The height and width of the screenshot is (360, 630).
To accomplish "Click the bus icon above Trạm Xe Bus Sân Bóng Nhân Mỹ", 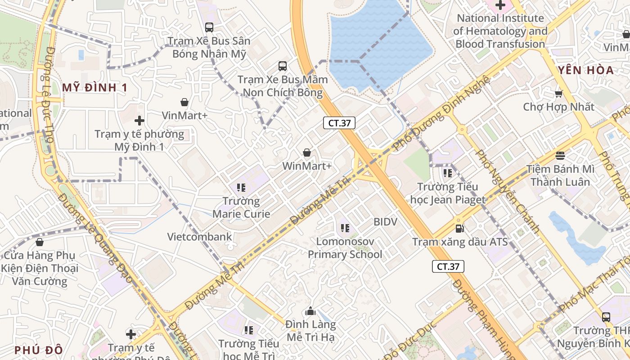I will click(x=209, y=27).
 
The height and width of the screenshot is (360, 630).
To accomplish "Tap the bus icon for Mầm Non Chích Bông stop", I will click(x=283, y=66).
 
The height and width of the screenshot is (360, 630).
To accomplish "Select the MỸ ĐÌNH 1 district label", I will click(x=95, y=87).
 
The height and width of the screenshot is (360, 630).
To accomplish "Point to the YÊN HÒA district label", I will click(x=585, y=70).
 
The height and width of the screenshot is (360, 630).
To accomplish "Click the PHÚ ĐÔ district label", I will click(x=38, y=350).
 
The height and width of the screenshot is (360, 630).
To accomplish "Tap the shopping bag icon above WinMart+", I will click(x=307, y=153).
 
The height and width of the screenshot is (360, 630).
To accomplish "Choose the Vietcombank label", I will click(x=200, y=237).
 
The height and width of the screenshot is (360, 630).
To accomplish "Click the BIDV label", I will click(x=386, y=222).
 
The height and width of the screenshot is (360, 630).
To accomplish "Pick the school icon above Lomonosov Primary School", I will click(x=345, y=228).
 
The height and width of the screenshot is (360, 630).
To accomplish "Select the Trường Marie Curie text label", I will click(x=241, y=207).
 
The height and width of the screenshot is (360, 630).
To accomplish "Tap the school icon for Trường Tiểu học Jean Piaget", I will click(x=447, y=172).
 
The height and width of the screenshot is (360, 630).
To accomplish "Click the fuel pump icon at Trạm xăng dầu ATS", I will click(x=459, y=229).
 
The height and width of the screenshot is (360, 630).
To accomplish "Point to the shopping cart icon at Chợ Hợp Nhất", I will click(x=559, y=94).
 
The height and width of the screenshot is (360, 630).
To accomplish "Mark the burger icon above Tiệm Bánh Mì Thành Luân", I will click(x=560, y=156).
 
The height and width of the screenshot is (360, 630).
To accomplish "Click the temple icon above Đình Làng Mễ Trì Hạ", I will click(x=310, y=311).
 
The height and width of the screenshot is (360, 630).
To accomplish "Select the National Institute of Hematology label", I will click(x=500, y=31).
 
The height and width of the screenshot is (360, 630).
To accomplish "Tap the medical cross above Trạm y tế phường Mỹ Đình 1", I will click(x=139, y=121).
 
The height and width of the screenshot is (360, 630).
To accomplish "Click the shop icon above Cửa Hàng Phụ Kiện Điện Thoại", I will click(x=40, y=242).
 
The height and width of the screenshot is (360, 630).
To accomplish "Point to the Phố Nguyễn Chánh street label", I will click(x=508, y=191).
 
